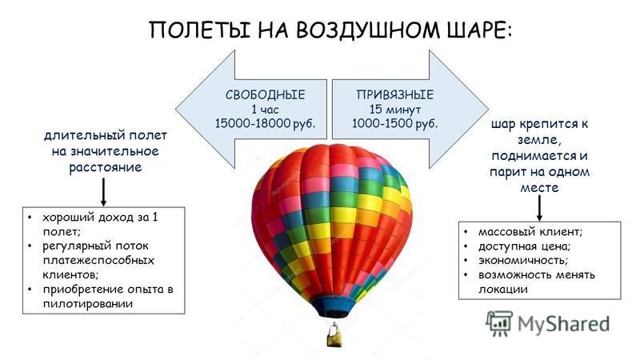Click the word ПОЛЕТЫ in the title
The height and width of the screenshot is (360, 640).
200,30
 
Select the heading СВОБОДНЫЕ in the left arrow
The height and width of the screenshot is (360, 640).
266,94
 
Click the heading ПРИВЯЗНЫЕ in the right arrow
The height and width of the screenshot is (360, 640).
394,94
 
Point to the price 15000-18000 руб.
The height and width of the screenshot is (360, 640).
266,123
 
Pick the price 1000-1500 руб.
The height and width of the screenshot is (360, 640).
394,123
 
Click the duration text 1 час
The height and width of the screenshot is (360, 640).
266,110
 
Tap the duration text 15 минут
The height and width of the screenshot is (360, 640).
394,110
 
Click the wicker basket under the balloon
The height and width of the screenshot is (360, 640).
334,337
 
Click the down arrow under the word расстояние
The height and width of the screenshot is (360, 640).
104,192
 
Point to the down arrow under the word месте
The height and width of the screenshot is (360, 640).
539,208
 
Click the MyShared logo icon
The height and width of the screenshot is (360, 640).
499,323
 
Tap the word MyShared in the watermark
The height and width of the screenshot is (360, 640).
564,324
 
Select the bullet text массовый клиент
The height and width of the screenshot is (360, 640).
530,232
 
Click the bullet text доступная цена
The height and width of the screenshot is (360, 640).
525,246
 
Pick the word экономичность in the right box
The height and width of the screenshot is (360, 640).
523,261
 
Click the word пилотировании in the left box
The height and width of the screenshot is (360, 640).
88,304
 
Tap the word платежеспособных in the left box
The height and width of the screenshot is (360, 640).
98,261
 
